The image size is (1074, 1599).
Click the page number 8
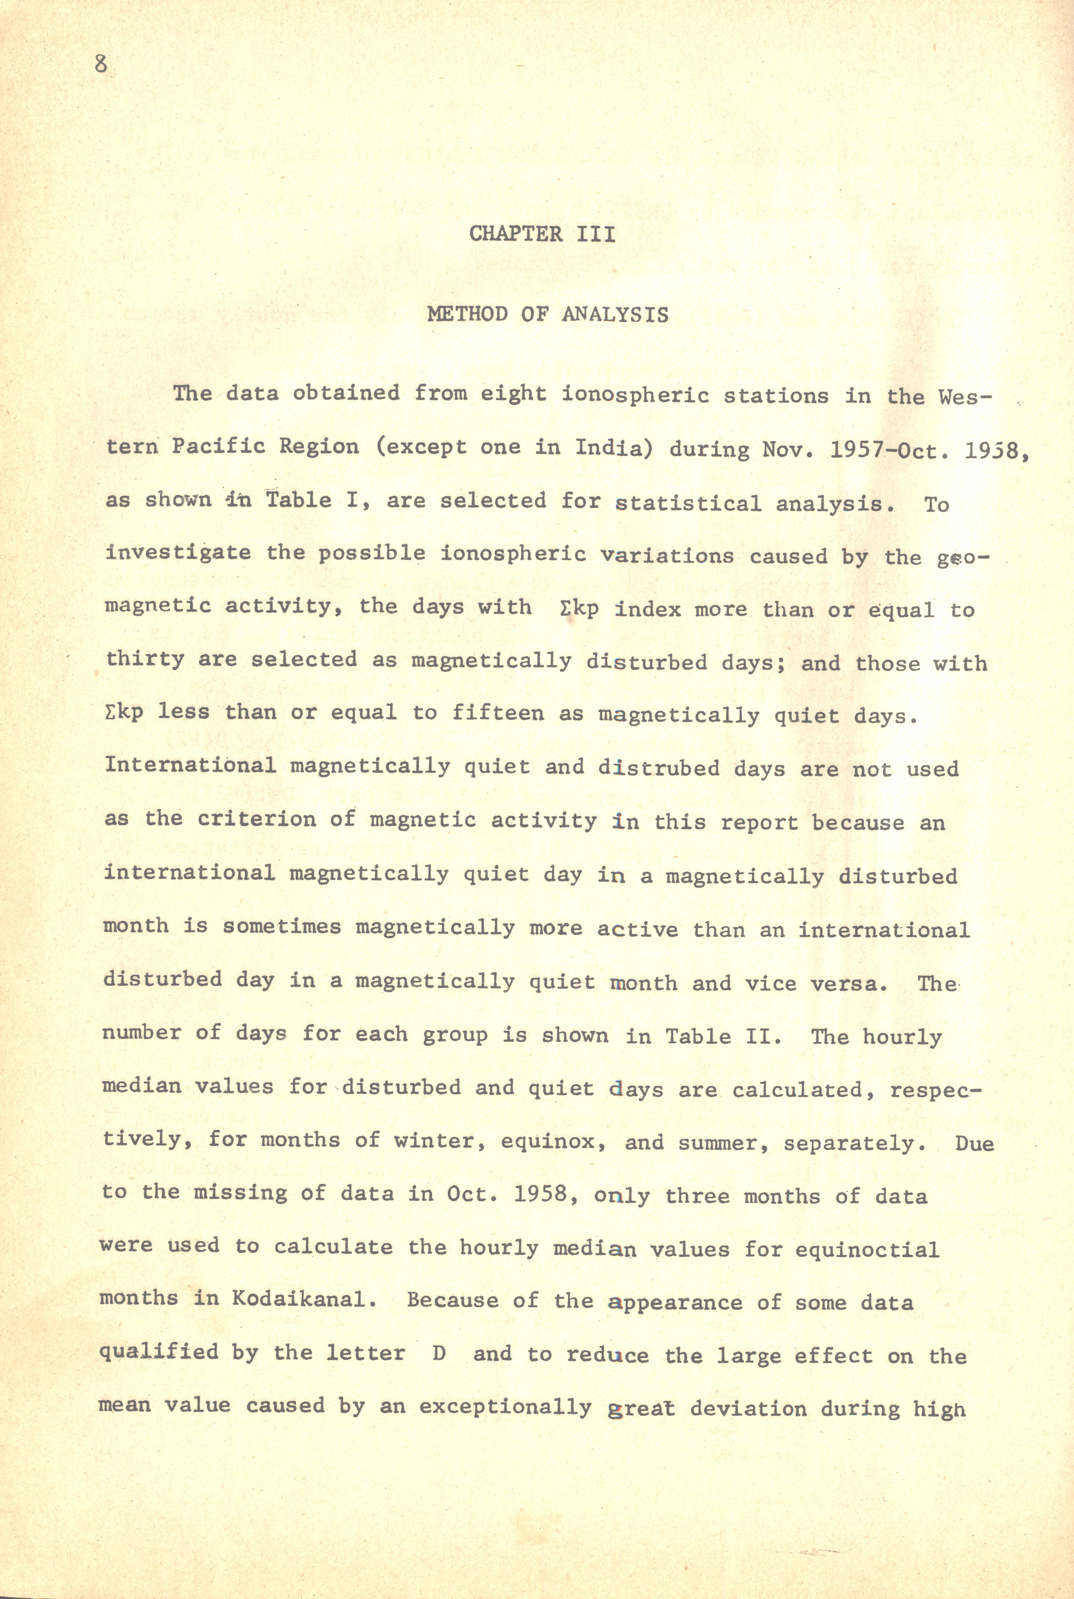[x=101, y=65]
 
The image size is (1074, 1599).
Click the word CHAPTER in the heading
[x=516, y=234]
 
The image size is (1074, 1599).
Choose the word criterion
[x=257, y=820]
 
